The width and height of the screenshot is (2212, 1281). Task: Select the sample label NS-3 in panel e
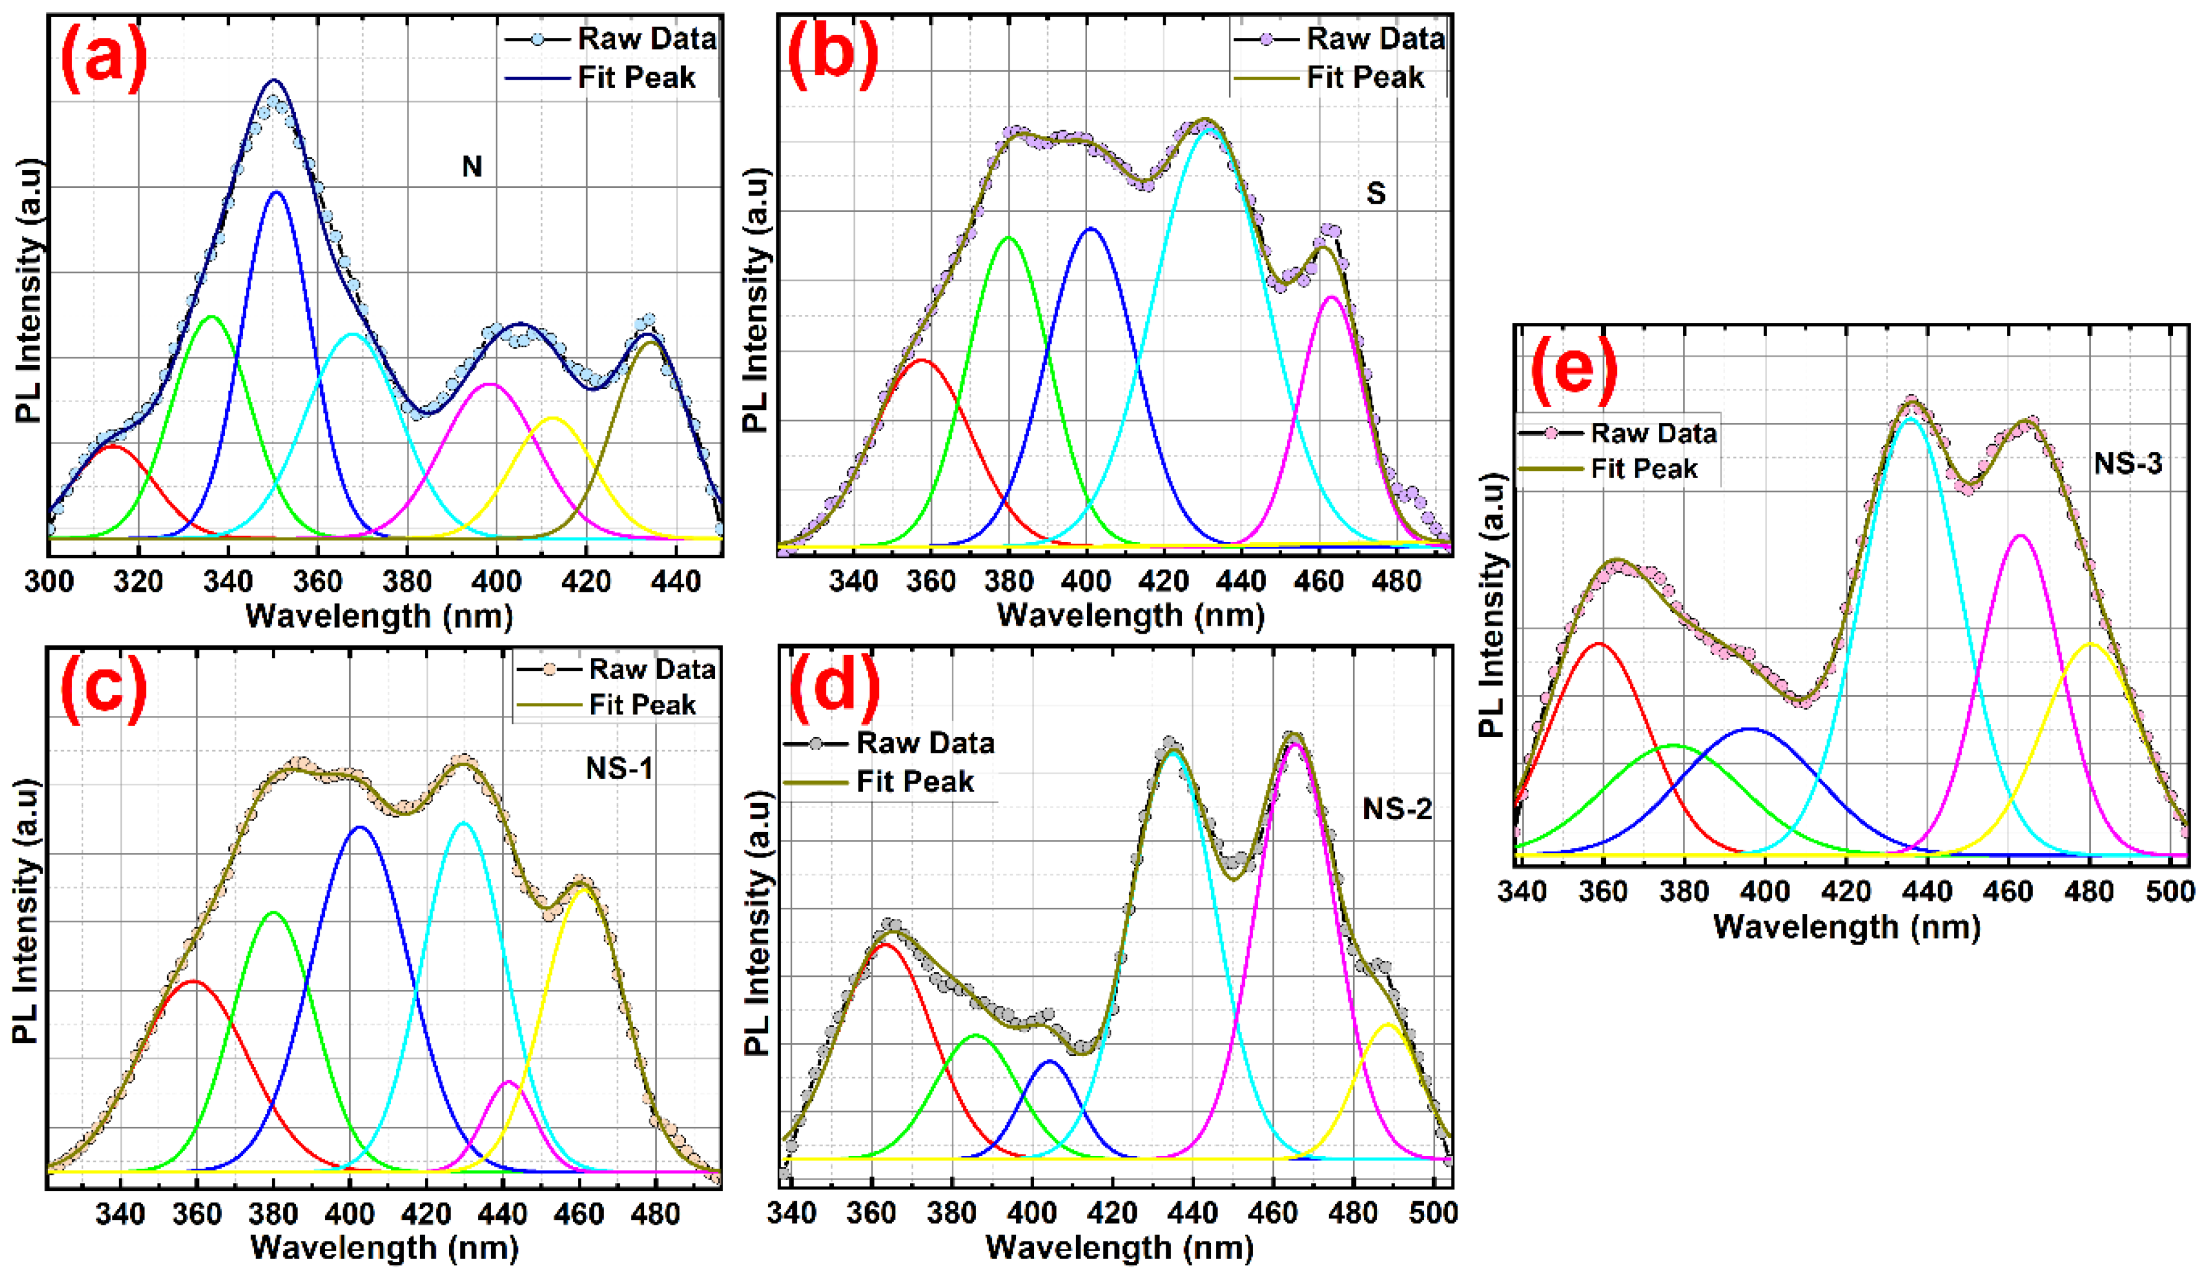click(2127, 462)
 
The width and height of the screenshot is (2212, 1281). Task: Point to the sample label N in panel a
click(472, 167)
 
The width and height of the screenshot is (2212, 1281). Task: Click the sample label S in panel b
click(1375, 193)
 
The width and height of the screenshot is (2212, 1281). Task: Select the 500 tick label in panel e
click(2170, 892)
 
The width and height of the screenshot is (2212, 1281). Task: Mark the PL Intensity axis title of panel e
click(1492, 605)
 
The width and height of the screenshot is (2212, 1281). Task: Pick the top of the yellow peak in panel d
click(1388, 1024)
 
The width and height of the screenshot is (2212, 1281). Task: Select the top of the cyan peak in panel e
click(1910, 419)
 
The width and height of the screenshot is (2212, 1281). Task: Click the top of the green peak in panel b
click(1008, 238)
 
